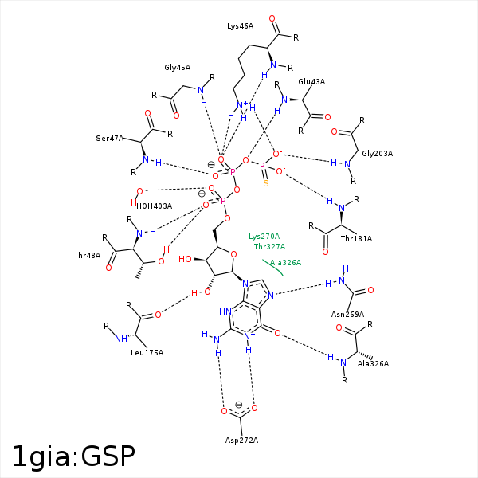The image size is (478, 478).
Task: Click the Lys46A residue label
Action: coord(241,26)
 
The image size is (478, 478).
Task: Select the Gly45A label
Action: coord(178,68)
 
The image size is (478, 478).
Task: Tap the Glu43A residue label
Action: coord(311,82)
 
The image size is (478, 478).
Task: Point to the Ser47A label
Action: coord(110,139)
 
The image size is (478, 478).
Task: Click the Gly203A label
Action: coord(378,153)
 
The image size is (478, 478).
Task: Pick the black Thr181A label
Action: coord(356,239)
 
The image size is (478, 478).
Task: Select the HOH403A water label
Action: coord(155,206)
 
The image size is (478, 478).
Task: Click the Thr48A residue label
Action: coord(87,255)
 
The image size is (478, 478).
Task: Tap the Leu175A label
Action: coord(147,353)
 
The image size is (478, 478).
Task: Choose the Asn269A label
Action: coord(348,315)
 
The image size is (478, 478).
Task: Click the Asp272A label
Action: coord(241,441)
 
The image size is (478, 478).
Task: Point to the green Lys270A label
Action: coord(264,237)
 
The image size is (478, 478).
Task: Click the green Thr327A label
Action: coord(270,246)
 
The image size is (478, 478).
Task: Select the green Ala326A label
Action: coord(286,262)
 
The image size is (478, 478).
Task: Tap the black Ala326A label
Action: coord(373,364)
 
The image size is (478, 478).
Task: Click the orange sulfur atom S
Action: coord(266,183)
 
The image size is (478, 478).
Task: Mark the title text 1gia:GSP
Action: coord(74,456)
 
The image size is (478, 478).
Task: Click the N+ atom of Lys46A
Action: coord(242,105)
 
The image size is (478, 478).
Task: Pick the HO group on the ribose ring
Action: coord(185,259)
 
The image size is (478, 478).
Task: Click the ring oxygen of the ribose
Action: coord(233,254)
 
